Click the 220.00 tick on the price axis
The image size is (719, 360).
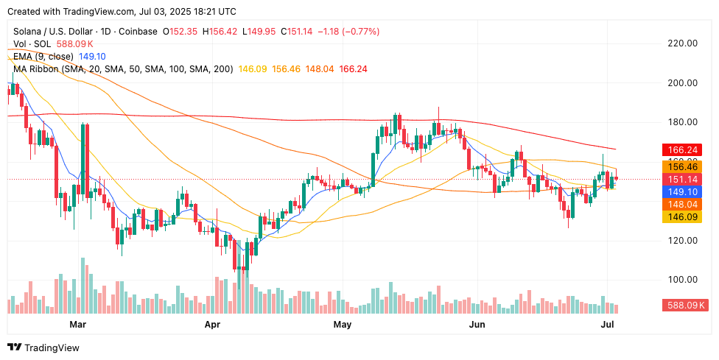682,43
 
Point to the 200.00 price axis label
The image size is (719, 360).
682,82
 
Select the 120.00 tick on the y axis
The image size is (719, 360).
682,240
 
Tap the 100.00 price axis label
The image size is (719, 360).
682,280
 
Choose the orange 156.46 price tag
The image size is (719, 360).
682,166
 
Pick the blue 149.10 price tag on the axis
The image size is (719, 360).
682,191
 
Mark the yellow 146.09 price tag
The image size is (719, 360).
682,217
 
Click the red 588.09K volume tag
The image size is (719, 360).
685,305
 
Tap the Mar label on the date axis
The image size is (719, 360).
77,324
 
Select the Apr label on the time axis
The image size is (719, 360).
212,324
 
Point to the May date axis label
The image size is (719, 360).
342,324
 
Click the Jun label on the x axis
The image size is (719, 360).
477,324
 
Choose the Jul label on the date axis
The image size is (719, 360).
608,324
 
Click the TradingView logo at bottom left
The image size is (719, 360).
43,347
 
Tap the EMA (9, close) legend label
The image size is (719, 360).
43,56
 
